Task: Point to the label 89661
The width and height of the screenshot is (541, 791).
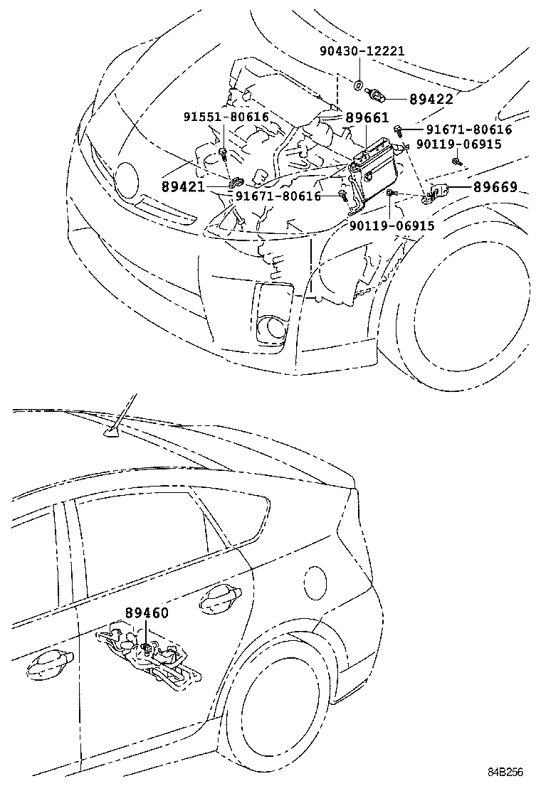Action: click(367, 118)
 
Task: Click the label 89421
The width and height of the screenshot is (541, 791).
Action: click(184, 187)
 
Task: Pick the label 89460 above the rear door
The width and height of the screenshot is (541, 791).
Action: click(147, 612)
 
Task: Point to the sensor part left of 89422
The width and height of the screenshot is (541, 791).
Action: click(377, 95)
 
